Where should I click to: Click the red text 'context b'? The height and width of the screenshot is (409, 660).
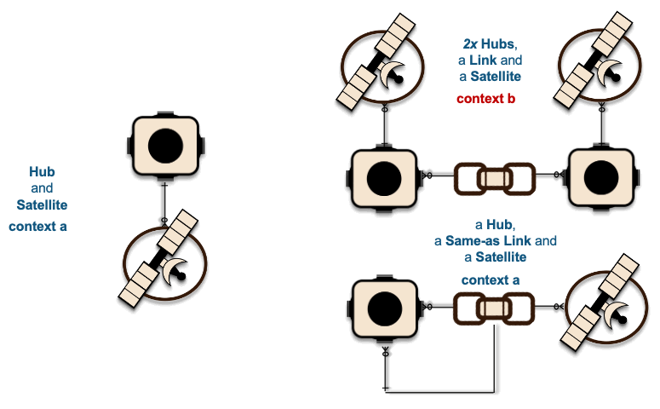coord(485,99)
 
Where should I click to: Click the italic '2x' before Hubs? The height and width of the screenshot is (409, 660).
coord(470,43)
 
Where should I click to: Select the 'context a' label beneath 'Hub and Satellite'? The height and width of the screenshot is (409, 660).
coord(37,226)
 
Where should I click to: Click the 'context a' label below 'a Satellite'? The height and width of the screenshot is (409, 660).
coord(491,280)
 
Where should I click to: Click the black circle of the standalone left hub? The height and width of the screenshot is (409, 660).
coord(165,146)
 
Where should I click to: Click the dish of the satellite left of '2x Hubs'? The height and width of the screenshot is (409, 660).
coord(393,74)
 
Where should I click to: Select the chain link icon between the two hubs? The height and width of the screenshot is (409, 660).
coord(495,179)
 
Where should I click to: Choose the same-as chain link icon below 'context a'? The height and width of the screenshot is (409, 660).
coord(494,308)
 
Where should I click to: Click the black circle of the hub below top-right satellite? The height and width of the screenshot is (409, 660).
coord(601,178)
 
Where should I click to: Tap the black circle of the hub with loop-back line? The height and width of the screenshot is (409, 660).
coord(384,308)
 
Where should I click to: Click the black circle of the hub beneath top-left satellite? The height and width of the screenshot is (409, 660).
coord(384,178)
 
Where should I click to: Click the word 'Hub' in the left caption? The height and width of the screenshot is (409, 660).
coord(42,171)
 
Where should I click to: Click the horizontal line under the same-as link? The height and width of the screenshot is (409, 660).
coord(439,393)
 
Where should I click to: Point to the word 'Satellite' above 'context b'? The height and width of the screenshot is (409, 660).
coord(496,76)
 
